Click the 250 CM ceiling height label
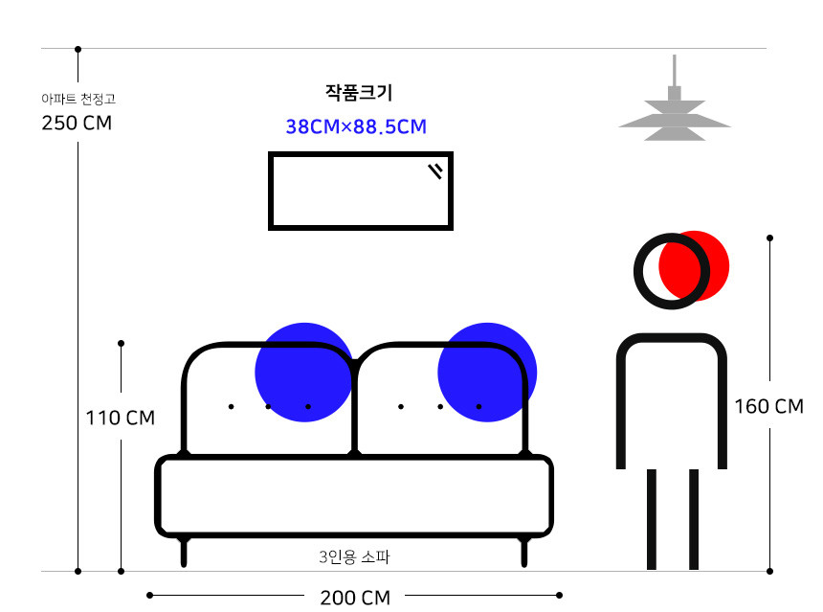[77, 123]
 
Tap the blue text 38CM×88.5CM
[356, 126]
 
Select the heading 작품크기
[359, 93]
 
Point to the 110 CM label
[121, 419]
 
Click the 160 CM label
[769, 406]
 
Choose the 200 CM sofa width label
[355, 598]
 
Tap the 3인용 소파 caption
[354, 556]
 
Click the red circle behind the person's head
[694, 266]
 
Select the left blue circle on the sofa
[304, 372]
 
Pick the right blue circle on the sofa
[487, 372]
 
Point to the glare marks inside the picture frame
[435, 170]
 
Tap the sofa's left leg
[184, 552]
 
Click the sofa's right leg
[523, 552]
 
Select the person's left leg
[652, 519]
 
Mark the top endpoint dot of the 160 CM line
[770, 238]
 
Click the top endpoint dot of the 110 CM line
[122, 343]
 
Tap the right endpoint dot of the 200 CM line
[560, 595]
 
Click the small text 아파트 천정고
[78, 99]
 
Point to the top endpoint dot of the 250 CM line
[78, 50]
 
